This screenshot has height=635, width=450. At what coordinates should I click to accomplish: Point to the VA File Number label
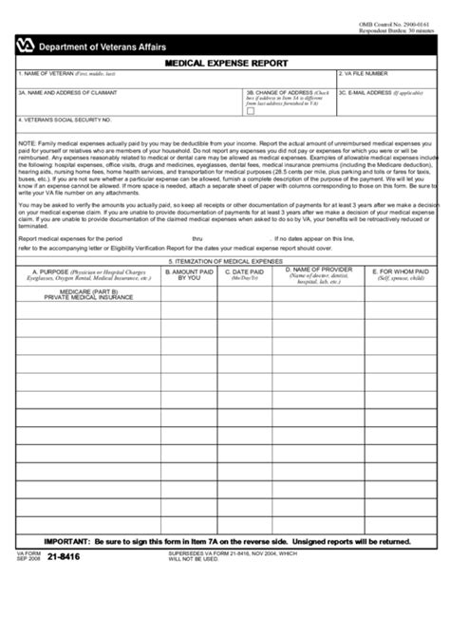(363, 73)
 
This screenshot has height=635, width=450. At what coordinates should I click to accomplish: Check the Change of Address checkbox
(251, 111)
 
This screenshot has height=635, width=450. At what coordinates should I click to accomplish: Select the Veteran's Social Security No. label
(66, 121)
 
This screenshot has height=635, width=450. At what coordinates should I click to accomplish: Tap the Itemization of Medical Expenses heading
(225, 260)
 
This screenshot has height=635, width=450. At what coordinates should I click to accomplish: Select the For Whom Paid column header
(401, 271)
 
